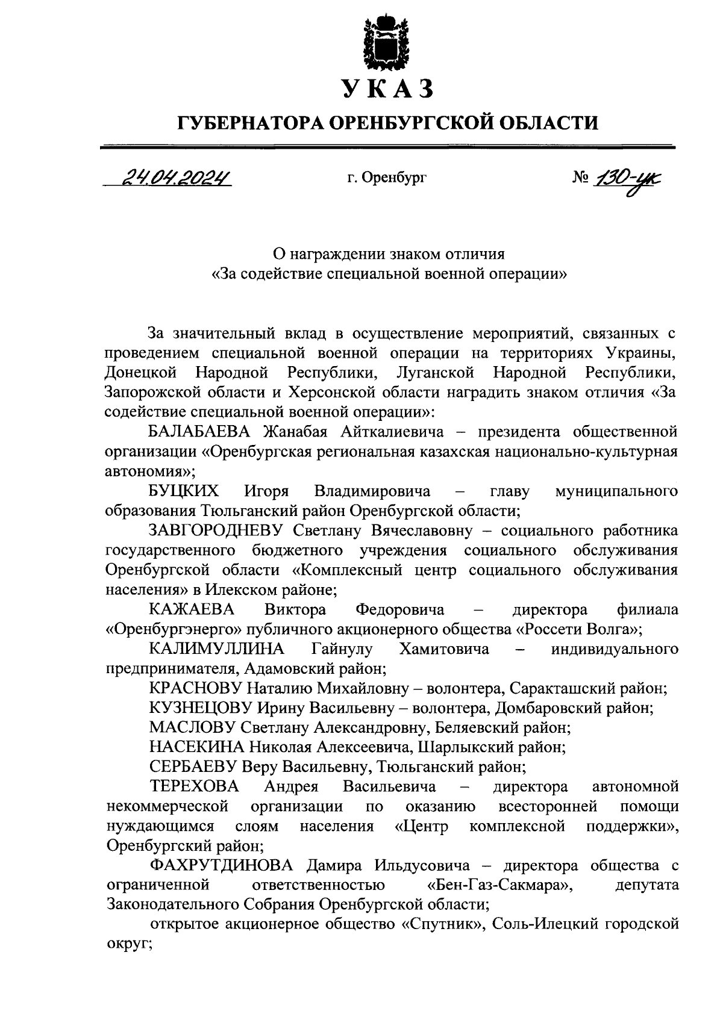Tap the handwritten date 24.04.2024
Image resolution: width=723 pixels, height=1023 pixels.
[177, 178]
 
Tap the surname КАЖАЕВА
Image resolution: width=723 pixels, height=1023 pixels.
[192, 609]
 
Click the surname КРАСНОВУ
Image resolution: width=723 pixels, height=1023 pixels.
[196, 688]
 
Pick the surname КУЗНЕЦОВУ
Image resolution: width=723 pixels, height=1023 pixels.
[201, 708]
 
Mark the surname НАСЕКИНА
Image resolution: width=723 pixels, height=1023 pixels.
[196, 747]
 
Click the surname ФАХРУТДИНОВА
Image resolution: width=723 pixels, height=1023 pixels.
[221, 866]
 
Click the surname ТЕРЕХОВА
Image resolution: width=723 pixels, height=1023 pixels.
[194, 786]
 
